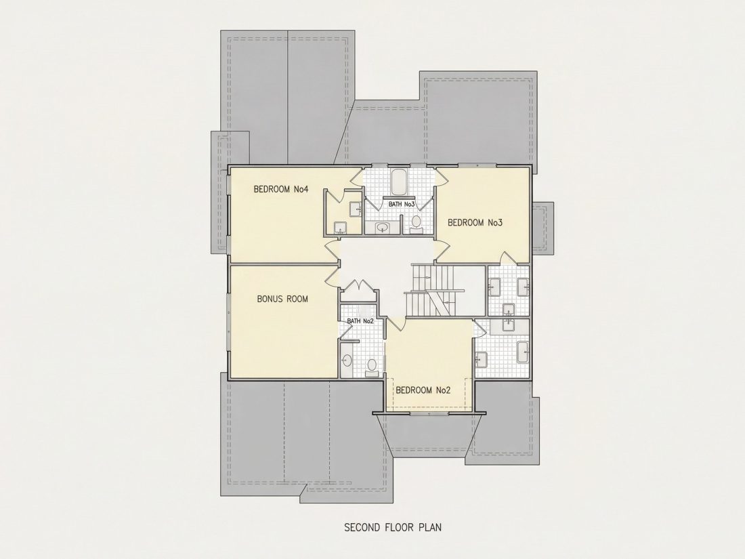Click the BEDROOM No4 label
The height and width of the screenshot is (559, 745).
pos(281,189)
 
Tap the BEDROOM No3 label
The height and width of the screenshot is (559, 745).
pos(475,222)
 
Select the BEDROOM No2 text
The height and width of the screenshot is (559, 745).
pos(423,390)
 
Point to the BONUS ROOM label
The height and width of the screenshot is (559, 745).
pos(282,299)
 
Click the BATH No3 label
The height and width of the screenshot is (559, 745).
pos(402,205)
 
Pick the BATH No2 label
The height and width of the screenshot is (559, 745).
pos(360,321)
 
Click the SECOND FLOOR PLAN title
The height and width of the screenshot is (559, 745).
pos(393,527)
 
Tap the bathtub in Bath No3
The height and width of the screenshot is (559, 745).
pos(398,182)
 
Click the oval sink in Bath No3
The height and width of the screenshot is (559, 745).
pos(382,228)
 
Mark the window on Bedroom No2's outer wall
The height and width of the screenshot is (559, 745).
pos(429,413)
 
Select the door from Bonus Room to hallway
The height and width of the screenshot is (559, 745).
pos(332,276)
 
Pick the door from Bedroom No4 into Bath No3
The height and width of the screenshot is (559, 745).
pos(358,178)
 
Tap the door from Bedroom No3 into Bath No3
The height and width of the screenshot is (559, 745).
pos(441,178)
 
